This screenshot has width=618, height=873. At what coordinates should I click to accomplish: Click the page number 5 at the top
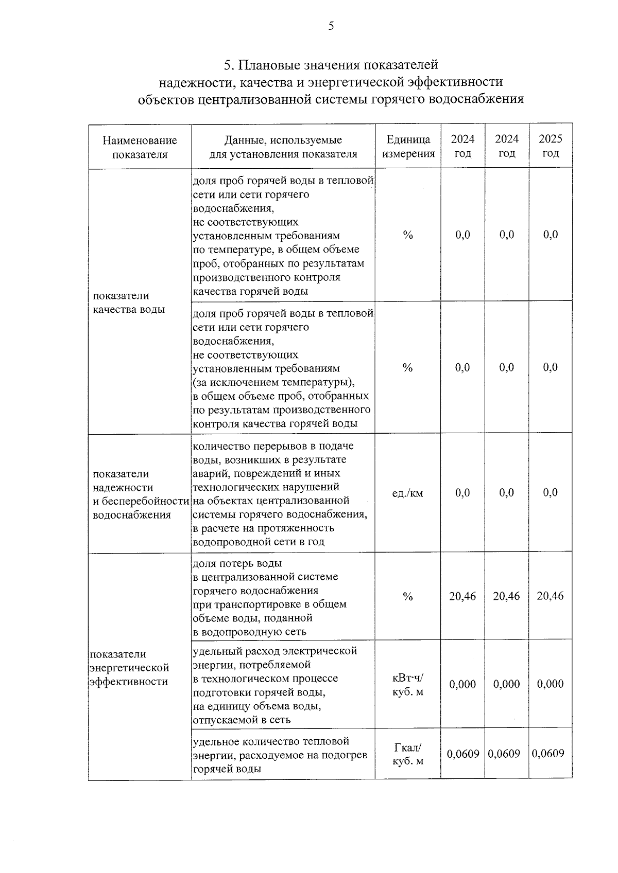pos(331,26)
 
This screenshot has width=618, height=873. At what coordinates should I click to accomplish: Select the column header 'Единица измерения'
pos(408,147)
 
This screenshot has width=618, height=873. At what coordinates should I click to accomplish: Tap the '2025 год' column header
pos(550,146)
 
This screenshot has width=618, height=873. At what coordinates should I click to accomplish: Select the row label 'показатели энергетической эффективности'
pos(129,668)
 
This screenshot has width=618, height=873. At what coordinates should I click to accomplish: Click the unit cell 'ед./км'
pos(407,493)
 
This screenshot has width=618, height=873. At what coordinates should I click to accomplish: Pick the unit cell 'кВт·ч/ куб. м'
pos(407,685)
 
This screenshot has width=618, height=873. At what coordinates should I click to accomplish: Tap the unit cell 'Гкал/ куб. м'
pos(407,754)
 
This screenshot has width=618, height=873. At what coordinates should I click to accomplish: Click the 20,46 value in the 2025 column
pos(550,596)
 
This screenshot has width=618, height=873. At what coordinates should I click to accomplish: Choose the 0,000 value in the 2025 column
pos(550,684)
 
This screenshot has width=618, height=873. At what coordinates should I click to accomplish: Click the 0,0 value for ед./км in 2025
pos(550,493)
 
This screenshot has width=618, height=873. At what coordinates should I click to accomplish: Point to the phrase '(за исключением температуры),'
pos(273,383)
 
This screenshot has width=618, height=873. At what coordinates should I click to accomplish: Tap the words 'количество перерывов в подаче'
pos(273,446)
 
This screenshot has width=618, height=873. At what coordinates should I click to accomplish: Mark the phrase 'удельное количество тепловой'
pos(271,741)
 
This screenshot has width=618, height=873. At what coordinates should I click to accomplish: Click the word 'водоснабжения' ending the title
pos(479,99)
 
